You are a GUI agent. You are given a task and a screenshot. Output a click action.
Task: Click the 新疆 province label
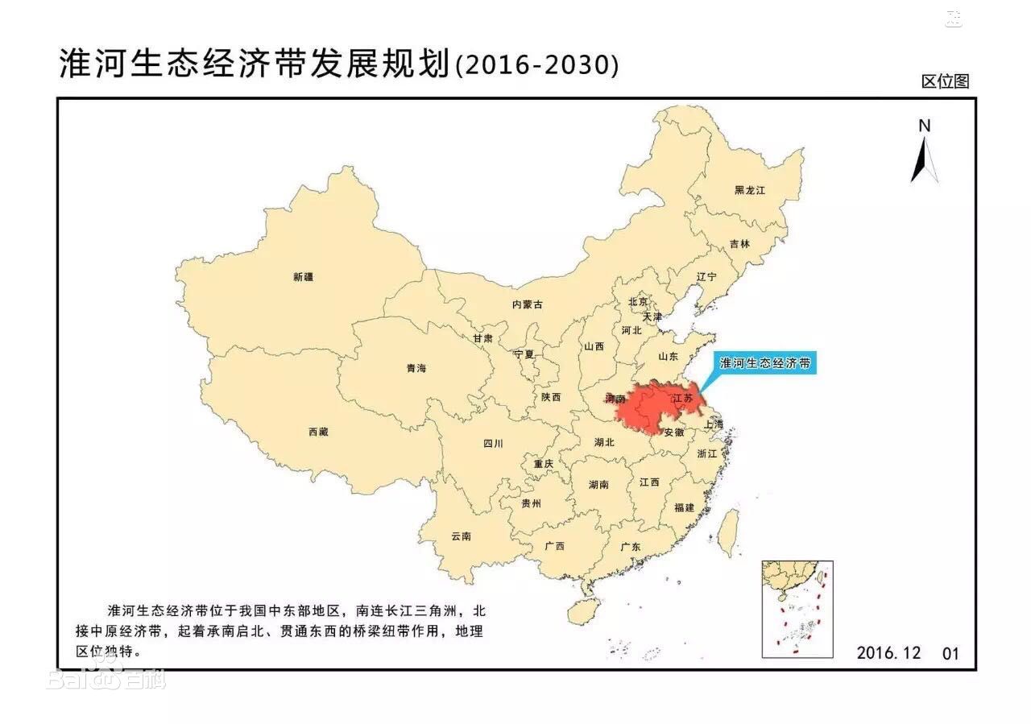click(x=304, y=277)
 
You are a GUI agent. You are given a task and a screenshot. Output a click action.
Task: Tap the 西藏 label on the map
click(x=318, y=432)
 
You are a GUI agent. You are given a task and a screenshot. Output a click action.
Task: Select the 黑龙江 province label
click(x=749, y=190)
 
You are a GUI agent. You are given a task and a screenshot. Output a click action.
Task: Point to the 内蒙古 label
click(x=528, y=304)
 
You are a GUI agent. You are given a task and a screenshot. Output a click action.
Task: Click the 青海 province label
click(x=416, y=368)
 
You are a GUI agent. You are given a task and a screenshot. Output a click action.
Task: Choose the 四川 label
click(x=493, y=443)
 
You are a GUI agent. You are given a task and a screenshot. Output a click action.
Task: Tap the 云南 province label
click(x=462, y=536)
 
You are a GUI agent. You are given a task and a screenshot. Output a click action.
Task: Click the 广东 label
click(x=631, y=547)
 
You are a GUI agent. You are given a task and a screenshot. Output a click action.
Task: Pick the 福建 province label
click(x=685, y=507)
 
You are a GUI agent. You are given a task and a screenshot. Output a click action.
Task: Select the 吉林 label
click(x=739, y=243)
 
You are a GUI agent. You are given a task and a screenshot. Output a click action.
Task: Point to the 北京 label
click(x=638, y=302)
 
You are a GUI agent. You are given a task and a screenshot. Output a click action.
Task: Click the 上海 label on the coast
click(x=713, y=424)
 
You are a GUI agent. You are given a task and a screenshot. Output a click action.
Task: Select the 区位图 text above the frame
click(x=945, y=81)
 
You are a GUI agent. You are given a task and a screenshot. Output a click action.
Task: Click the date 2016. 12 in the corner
click(x=888, y=652)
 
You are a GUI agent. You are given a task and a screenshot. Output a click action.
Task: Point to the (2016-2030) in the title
click(x=537, y=65)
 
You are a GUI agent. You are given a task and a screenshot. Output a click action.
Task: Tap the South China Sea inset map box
click(x=797, y=609)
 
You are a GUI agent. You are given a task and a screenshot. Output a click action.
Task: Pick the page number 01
click(x=951, y=653)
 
